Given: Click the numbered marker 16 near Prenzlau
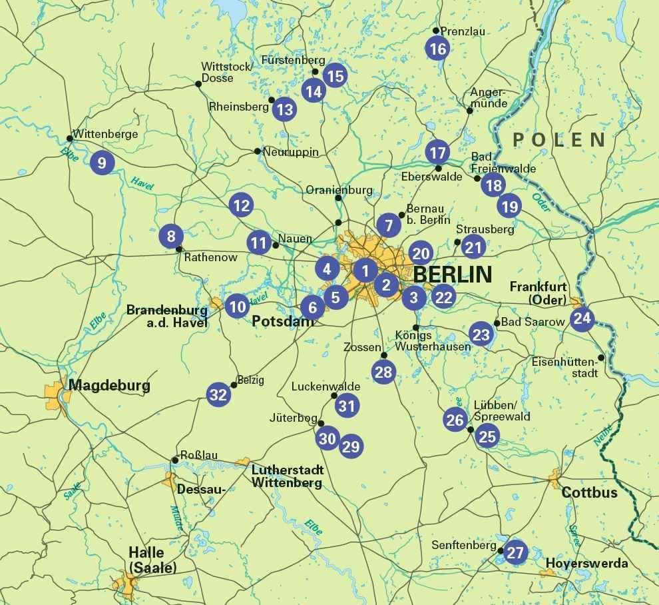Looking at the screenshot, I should point(437,49).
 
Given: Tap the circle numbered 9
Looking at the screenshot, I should point(102,163).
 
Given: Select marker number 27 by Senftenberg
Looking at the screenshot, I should point(516,552).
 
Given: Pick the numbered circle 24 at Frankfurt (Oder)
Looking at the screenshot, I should point(582,318).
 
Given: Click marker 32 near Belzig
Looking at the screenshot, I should point(218,394).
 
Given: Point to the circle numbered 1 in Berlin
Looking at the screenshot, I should point(365,271).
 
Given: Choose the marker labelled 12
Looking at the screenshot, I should point(242,205).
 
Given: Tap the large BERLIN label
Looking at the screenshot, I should point(453,274).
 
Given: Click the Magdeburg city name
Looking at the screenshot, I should point(109,385).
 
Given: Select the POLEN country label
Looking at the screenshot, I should point(559,140).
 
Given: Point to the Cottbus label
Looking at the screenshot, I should point(589,493).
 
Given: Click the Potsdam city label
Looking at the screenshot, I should point(282,321).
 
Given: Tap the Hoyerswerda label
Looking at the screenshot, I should point(586,564).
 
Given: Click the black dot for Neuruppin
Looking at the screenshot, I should point(258,151).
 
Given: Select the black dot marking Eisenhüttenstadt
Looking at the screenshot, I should point(601,358).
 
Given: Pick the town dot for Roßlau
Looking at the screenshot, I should point(175,460).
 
